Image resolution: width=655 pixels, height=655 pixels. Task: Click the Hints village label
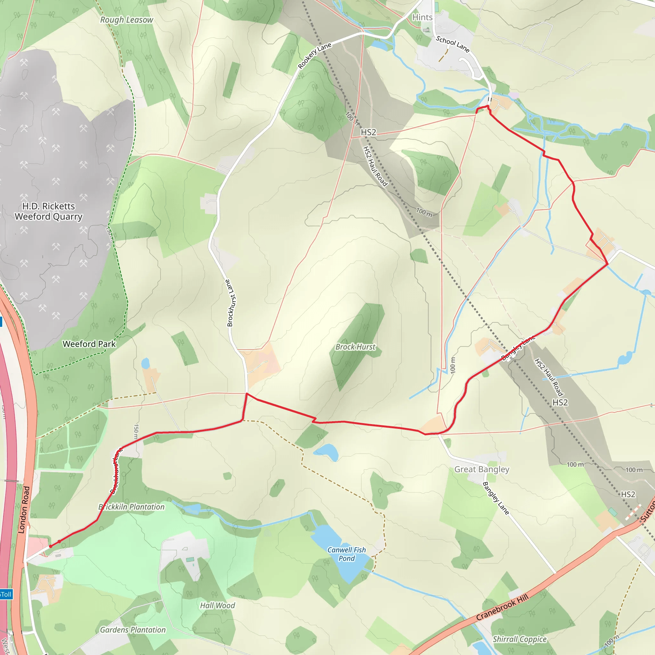click(x=422, y=17)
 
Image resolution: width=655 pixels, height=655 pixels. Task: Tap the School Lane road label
click(x=452, y=44)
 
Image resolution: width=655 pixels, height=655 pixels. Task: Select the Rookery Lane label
click(x=314, y=56)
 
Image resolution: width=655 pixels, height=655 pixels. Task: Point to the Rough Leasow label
click(x=126, y=20)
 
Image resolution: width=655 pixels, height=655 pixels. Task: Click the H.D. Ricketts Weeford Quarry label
click(x=49, y=211)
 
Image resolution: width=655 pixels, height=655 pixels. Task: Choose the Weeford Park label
click(x=89, y=344)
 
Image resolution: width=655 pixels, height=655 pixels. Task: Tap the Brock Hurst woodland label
click(x=355, y=347)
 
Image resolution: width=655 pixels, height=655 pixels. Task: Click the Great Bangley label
click(x=481, y=469)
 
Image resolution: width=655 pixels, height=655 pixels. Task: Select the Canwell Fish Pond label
click(x=346, y=554)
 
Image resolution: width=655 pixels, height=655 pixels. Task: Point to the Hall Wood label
click(x=217, y=605)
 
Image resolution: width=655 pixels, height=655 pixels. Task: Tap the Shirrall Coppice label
click(x=519, y=639)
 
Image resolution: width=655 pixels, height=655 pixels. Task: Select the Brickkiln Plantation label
click(x=131, y=507)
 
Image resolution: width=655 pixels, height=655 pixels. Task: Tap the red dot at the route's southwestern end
click(x=51, y=546)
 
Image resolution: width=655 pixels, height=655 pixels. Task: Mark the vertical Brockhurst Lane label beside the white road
click(x=230, y=303)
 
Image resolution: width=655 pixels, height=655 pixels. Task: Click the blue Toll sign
click(x=6, y=594)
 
